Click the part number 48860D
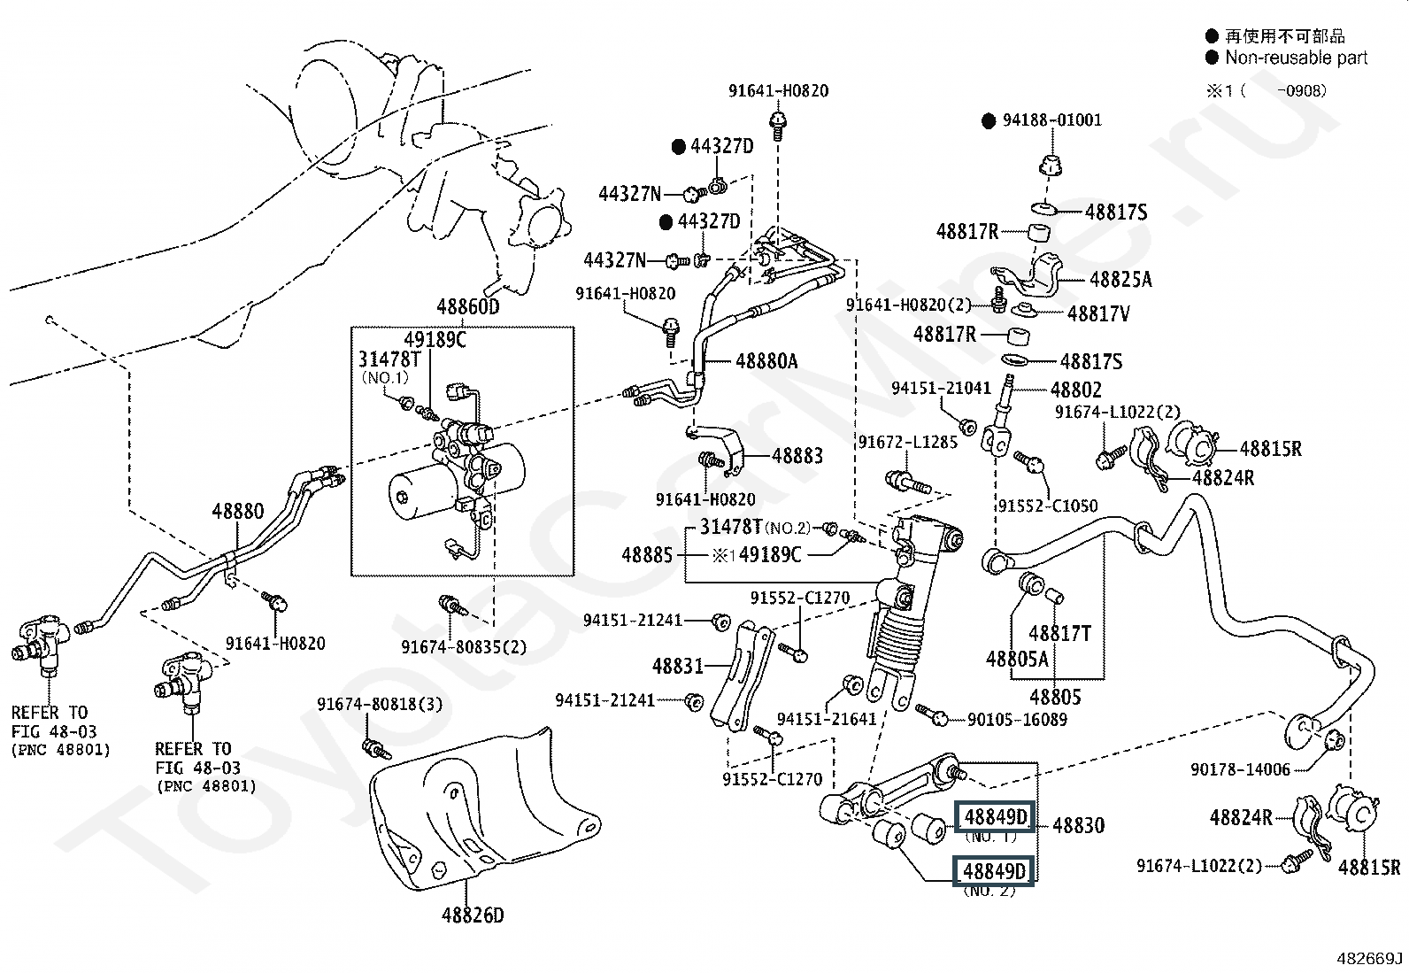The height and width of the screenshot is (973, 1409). point(467,307)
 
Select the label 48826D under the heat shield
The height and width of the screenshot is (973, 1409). point(473,915)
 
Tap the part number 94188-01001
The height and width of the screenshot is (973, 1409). point(1051,120)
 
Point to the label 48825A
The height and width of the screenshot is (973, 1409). point(1120,280)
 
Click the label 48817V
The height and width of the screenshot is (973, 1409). point(1098,313)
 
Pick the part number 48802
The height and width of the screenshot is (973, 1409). point(1076,390)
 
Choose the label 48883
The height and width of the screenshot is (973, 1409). point(797,456)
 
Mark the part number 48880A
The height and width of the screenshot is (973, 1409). point(766,361)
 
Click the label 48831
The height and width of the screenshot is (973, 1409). point(678,666)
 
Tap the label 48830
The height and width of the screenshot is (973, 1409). point(1078,825)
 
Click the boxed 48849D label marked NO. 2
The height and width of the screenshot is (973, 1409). point(994,872)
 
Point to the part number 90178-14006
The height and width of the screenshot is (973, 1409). point(1240,770)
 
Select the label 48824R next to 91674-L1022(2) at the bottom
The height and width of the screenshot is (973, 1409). point(1241,817)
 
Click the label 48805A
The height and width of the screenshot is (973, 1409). point(1017,659)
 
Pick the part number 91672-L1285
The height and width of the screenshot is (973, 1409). point(907,441)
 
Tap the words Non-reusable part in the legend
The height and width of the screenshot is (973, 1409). point(1296,58)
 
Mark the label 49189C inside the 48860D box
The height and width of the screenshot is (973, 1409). point(435,340)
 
